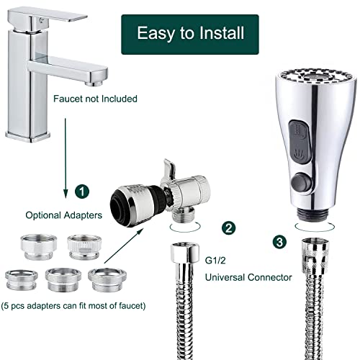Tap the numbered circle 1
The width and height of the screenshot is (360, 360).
82,192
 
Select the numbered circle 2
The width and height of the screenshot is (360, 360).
228,228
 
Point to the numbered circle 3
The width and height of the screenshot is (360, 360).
279,242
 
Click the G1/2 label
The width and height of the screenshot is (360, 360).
215,261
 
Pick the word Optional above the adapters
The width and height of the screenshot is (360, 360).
45,215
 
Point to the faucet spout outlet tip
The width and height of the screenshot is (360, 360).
94,83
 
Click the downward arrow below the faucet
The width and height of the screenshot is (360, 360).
66,158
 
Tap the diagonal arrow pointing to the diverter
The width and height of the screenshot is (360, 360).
124,246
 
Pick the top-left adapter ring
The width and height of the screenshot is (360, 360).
39,246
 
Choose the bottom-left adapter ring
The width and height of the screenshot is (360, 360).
22,279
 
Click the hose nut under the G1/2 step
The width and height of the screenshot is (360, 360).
185,253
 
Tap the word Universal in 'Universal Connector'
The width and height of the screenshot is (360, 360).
224,277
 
